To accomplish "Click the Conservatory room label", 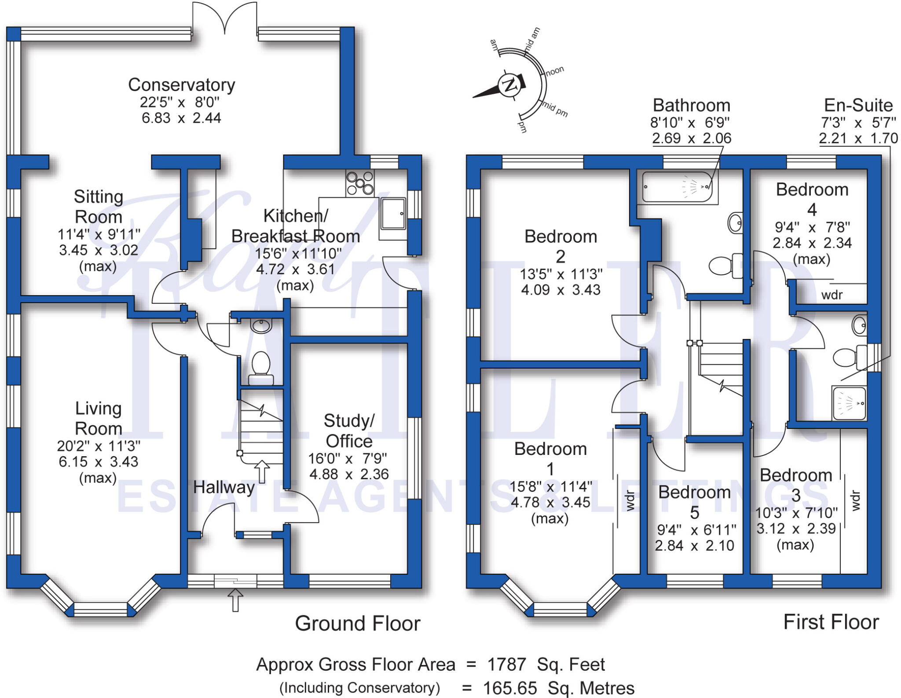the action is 181,85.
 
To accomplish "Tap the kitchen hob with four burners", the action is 360,183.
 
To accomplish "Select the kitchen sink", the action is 393,214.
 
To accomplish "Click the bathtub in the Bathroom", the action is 677,187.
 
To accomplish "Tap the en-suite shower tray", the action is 849,403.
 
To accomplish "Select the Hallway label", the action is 224,487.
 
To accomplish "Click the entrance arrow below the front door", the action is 235,599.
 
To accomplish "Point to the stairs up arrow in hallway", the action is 262,472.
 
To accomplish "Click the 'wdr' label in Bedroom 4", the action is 832,295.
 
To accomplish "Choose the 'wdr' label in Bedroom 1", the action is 630,500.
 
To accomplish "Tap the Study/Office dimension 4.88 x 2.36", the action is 349,474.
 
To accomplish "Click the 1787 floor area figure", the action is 506,665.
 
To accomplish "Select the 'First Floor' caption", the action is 831,622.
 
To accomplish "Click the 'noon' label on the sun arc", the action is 555,71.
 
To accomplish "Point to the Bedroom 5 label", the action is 694,502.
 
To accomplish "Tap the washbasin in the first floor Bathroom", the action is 735,223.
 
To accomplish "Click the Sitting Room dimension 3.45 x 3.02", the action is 99,250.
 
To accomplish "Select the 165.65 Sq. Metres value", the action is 558,688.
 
